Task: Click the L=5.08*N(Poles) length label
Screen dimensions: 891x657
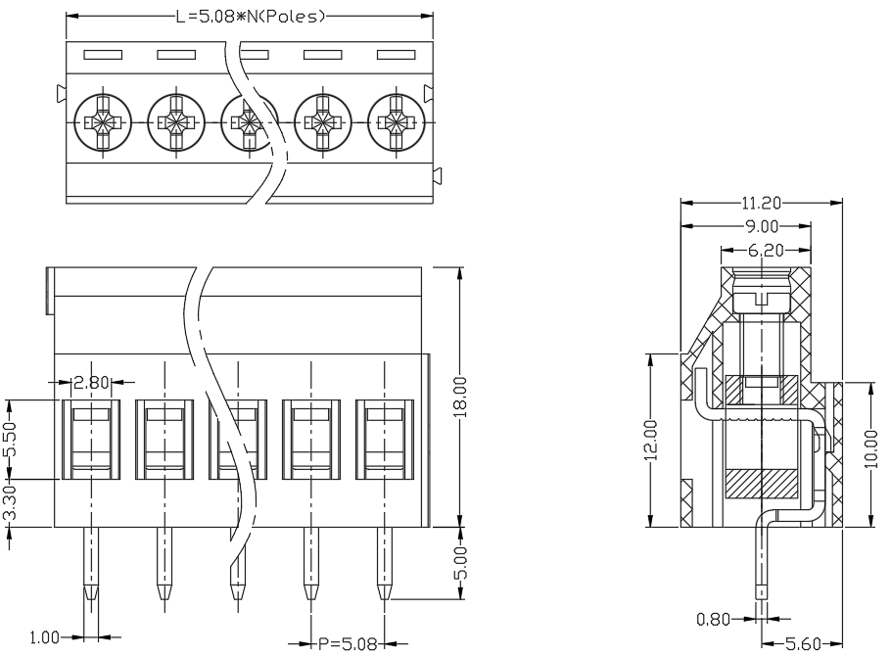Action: click(250, 17)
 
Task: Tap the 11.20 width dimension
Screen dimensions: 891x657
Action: click(761, 203)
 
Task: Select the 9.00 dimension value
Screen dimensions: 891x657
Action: click(762, 226)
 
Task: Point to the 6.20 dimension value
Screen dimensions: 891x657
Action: click(766, 250)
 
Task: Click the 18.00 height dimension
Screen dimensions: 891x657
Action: click(460, 397)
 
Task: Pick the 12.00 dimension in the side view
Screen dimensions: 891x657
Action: click(651, 440)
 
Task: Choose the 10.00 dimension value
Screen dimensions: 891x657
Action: click(870, 449)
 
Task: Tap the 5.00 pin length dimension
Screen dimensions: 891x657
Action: click(460, 563)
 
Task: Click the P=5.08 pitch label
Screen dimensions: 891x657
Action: click(348, 644)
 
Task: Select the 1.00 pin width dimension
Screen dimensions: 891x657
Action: click(44, 637)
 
